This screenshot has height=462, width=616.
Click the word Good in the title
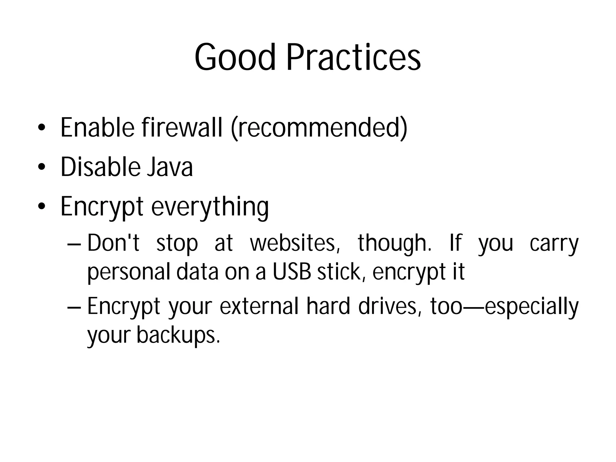point(235,57)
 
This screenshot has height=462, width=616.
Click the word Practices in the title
point(353,57)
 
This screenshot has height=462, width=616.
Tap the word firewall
point(182,128)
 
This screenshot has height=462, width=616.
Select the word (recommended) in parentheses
point(319,128)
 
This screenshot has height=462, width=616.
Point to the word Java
point(170,167)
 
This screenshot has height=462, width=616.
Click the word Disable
point(100,167)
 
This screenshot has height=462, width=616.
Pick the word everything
point(210,207)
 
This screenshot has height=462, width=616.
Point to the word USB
point(291,272)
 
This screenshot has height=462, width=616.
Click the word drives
point(390,306)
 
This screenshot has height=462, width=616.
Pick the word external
point(259,306)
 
